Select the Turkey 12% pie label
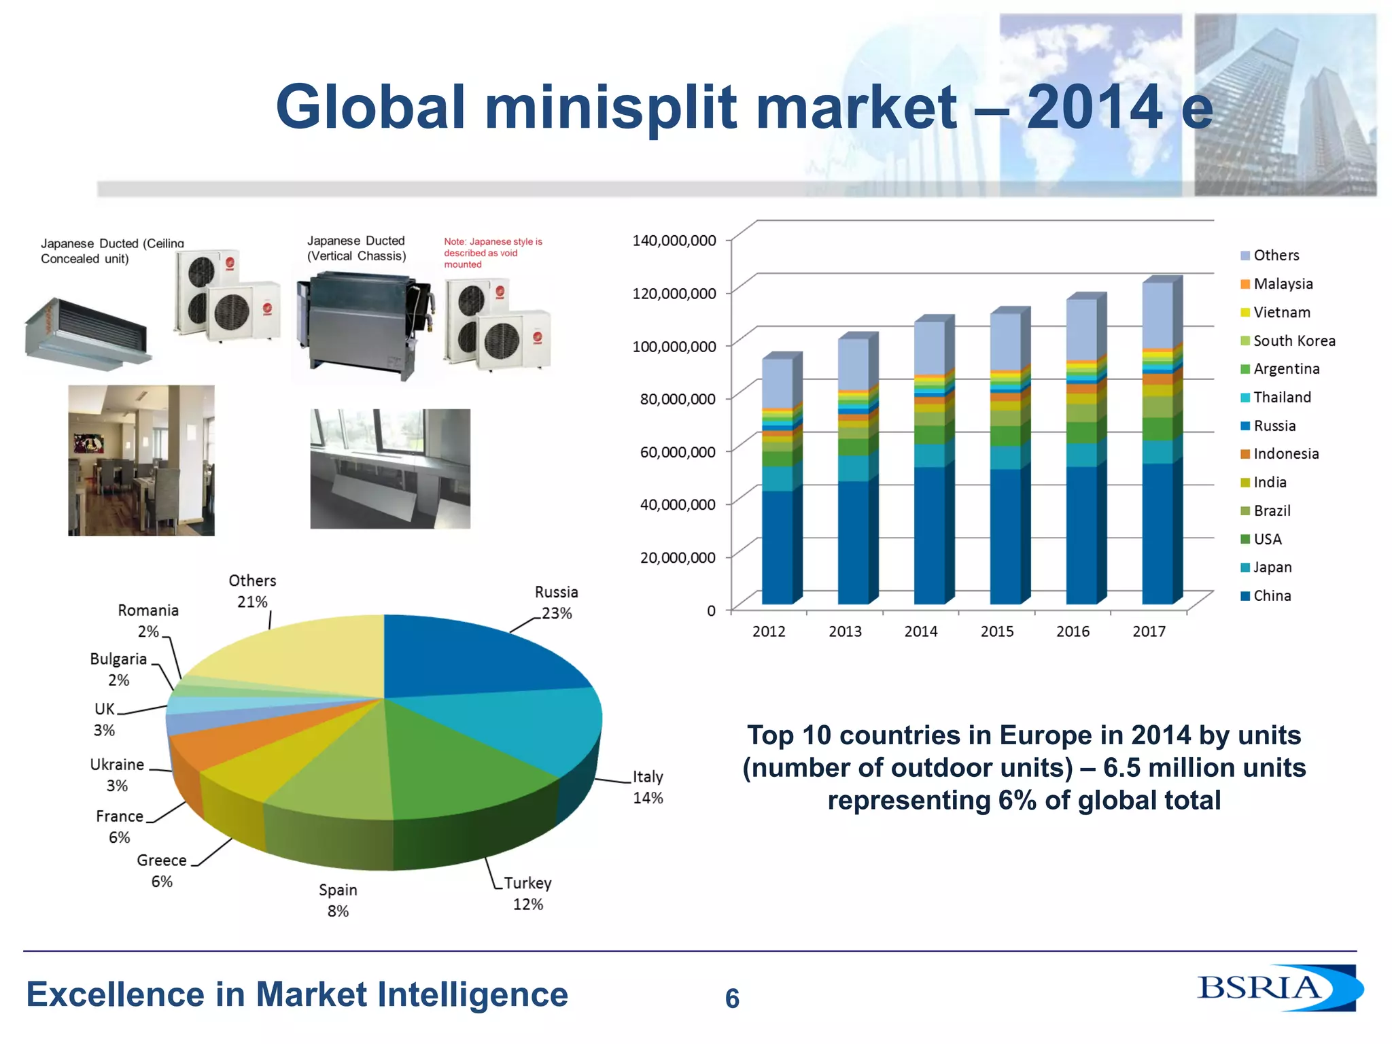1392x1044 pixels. point(527,893)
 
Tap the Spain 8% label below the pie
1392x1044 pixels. point(338,900)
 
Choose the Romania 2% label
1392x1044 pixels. point(147,620)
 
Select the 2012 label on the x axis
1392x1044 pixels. point(769,631)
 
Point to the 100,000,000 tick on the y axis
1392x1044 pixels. point(674,347)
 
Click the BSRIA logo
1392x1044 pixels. point(1278,988)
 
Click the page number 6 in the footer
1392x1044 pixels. point(732,998)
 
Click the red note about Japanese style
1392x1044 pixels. point(492,253)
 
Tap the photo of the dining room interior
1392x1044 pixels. point(141,460)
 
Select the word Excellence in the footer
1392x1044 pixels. point(114,994)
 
